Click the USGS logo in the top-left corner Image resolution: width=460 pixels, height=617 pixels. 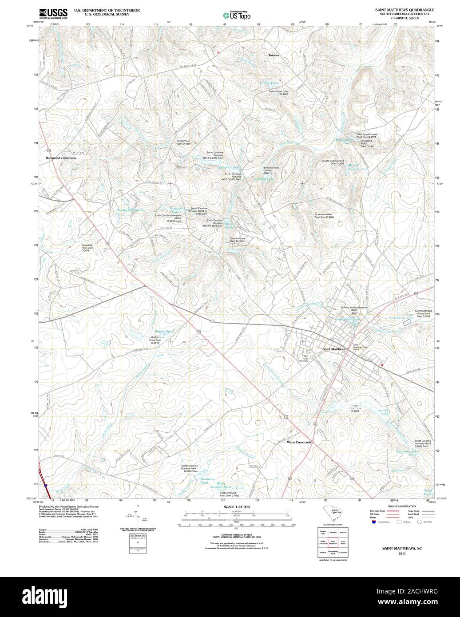point(53,13)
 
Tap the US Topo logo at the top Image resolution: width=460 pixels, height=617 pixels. point(237,15)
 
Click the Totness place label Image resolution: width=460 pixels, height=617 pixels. point(274,55)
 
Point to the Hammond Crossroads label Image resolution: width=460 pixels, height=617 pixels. point(60,158)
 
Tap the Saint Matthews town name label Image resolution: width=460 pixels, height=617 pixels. point(333,349)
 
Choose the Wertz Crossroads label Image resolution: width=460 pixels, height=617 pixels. point(299,443)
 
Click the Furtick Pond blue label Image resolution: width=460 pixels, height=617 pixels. point(270,83)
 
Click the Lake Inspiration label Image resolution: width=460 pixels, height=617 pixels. point(349,319)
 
